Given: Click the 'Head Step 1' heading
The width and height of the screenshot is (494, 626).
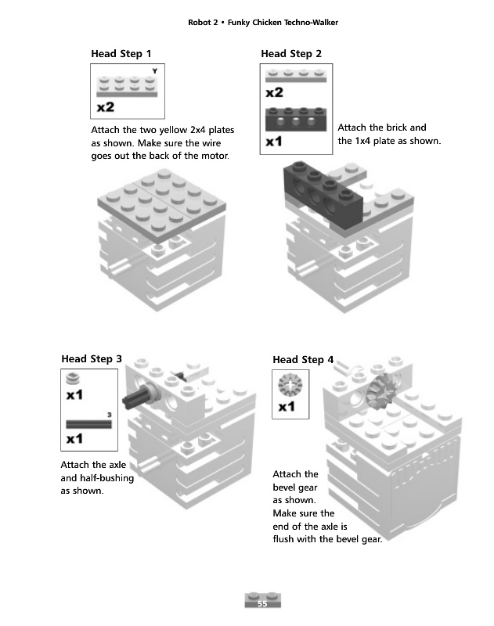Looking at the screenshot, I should (x=121, y=54).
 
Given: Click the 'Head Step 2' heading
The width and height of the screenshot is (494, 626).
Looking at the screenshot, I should (x=290, y=54).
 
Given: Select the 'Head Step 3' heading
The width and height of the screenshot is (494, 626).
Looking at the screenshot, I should (x=92, y=358).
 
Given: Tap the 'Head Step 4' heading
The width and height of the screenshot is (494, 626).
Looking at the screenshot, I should (x=303, y=359).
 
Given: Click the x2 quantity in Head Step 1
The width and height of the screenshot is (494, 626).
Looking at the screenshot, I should (x=106, y=106).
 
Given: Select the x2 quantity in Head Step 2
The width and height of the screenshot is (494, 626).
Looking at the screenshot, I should (x=275, y=92).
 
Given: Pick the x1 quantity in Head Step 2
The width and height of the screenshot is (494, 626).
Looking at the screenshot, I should (x=274, y=142).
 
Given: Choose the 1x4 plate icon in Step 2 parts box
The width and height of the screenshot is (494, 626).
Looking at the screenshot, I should (x=296, y=75).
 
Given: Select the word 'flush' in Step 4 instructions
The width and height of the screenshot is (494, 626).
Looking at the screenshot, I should (x=287, y=539).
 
